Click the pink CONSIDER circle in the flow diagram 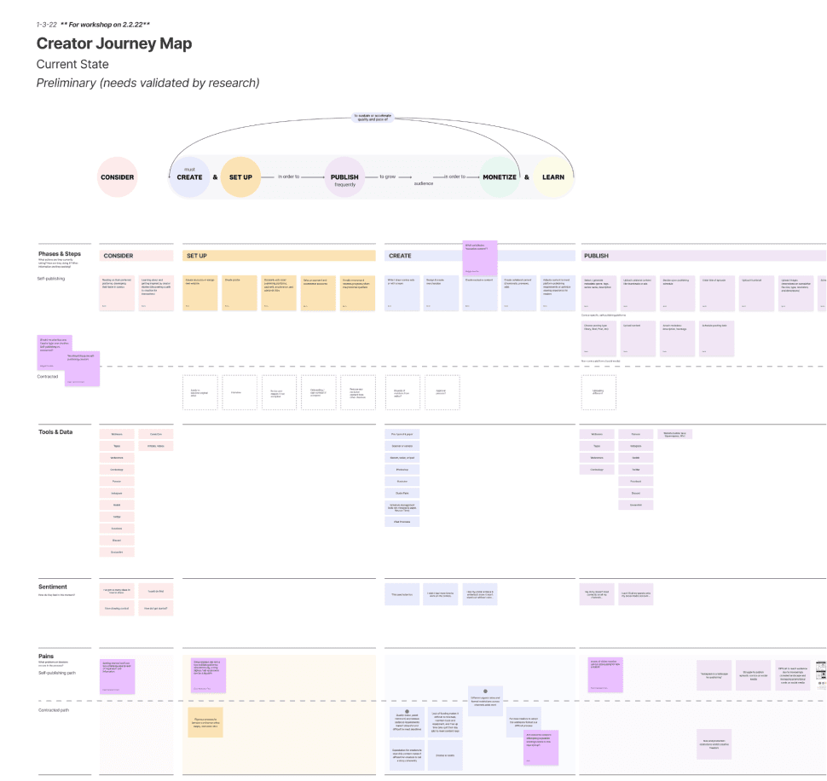[118, 177]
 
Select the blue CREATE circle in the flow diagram [189, 177]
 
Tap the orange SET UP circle [240, 177]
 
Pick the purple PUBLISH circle [344, 177]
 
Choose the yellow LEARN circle [553, 177]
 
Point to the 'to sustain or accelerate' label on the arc [371, 117]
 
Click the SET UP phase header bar [279, 256]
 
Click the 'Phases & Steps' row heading [60, 254]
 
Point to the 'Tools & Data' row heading [55, 432]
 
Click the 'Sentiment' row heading [53, 587]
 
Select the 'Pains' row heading [46, 656]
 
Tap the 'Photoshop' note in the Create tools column [402, 470]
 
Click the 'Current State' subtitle [72, 65]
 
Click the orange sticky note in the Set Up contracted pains [205, 722]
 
